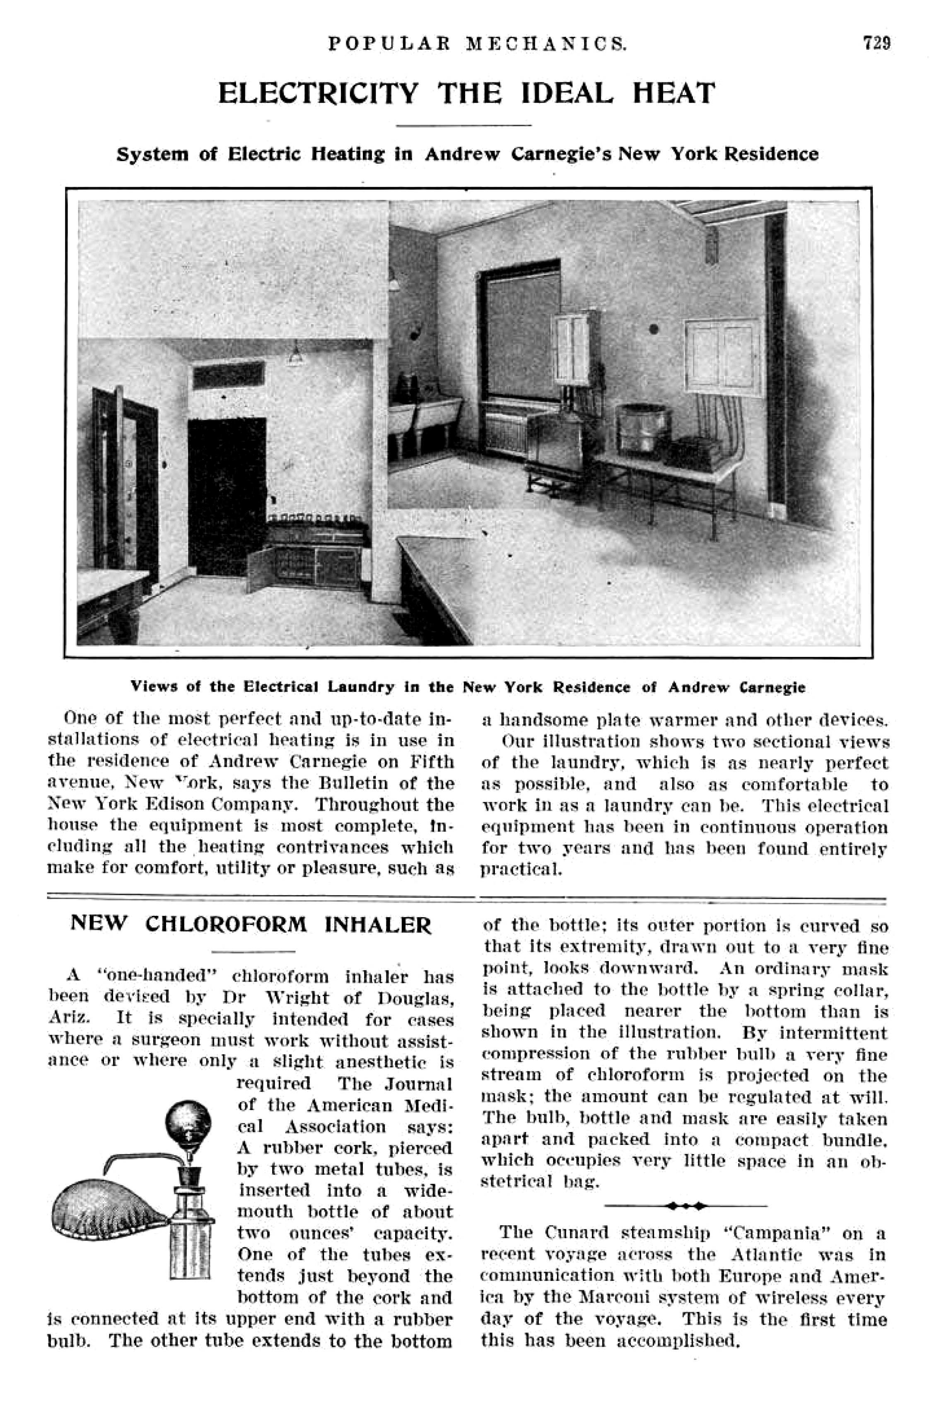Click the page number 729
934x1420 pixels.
point(876,43)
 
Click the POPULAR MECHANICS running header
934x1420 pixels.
point(477,43)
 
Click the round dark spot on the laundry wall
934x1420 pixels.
point(654,329)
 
